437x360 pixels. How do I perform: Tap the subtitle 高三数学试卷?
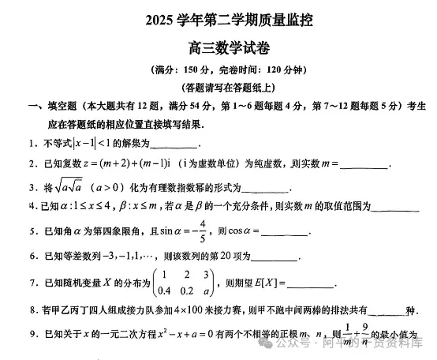click(218, 48)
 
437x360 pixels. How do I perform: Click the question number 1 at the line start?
click(30, 144)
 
